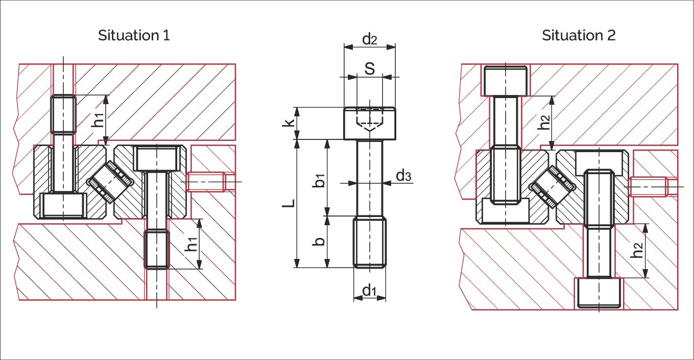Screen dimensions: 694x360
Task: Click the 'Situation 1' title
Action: tap(134, 35)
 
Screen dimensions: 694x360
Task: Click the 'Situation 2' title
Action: tap(579, 35)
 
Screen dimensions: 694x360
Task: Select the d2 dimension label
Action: tap(370, 39)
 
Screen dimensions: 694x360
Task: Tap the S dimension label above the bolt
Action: tap(370, 68)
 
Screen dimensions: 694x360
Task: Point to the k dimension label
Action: tap(288, 122)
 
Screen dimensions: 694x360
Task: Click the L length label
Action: tap(289, 203)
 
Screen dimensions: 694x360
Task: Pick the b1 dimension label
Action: tap(319, 181)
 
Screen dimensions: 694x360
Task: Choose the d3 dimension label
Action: tap(403, 176)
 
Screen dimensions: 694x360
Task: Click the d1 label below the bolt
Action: tap(369, 291)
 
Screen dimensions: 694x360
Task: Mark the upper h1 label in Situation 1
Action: tap(98, 120)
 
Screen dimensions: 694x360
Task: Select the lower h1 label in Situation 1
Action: tap(191, 244)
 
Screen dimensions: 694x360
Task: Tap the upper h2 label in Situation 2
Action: tap(544, 123)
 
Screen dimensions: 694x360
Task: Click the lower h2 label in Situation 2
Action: tap(637, 251)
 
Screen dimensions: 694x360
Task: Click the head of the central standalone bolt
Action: tap(370, 123)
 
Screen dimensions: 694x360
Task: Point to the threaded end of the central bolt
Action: tap(370, 242)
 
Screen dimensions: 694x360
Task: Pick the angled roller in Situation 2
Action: tap(552, 186)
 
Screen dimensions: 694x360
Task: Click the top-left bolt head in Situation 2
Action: tap(506, 81)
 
